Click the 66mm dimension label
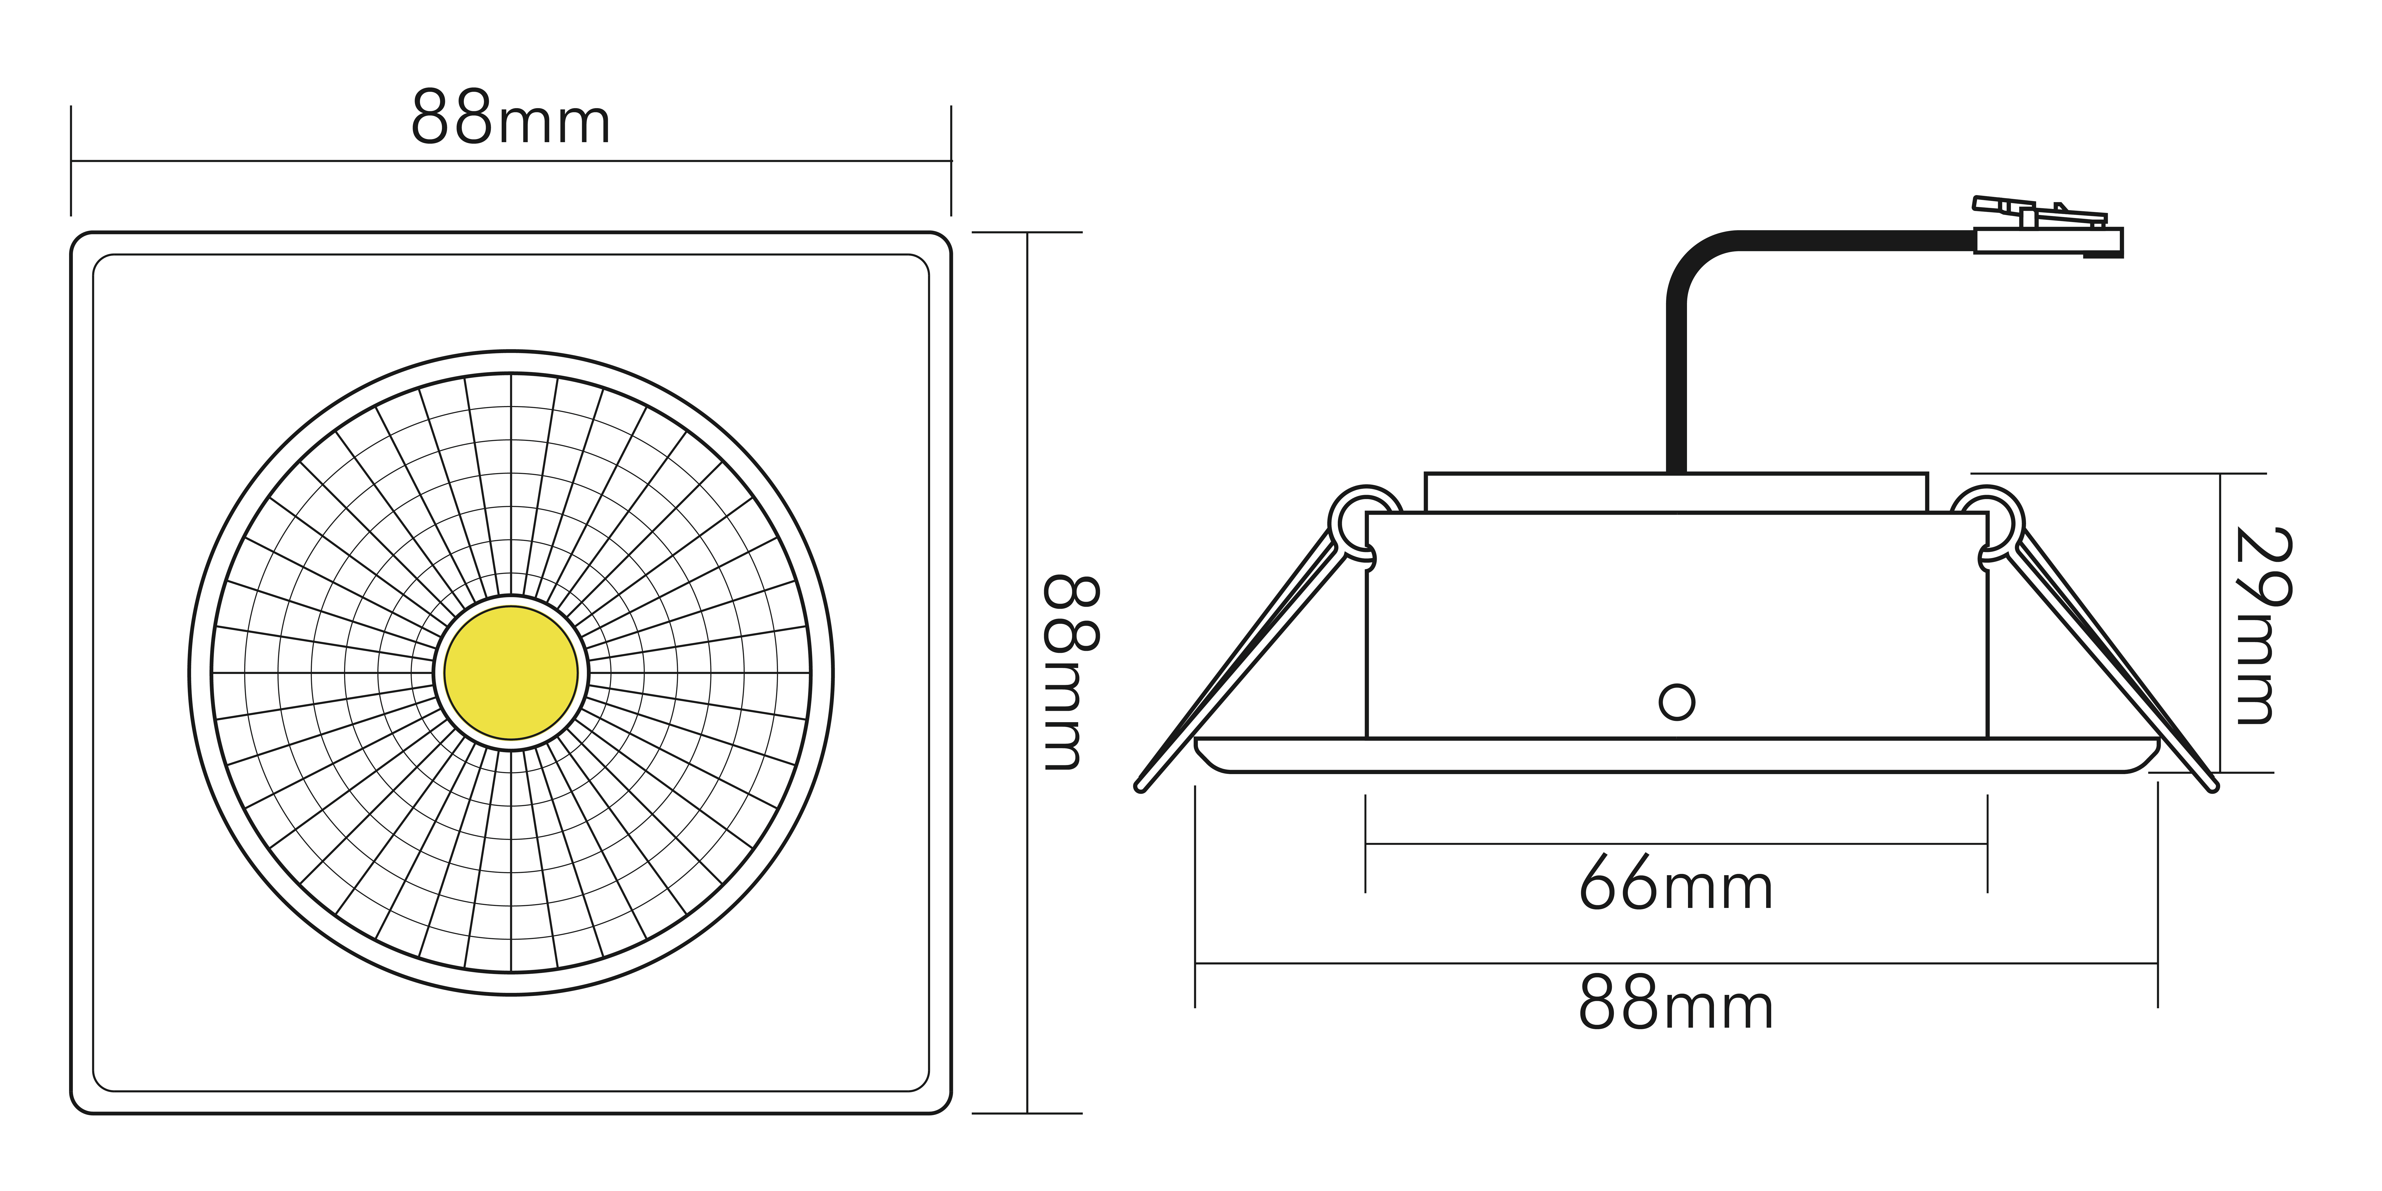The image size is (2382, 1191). (x=1676, y=883)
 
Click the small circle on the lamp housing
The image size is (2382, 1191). (x=1676, y=702)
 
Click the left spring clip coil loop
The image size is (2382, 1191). (x=1363, y=523)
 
